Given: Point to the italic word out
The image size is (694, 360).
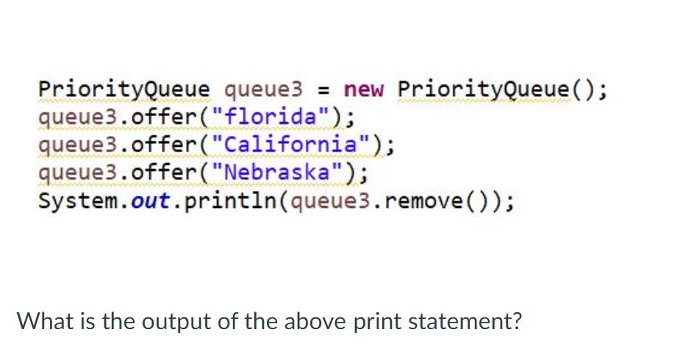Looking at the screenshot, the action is tap(151, 201).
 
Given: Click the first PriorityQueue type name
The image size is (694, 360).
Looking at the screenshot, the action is tap(123, 90).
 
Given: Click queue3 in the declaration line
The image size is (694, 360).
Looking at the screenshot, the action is tap(262, 90).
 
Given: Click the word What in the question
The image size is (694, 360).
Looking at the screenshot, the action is tap(46, 322).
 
